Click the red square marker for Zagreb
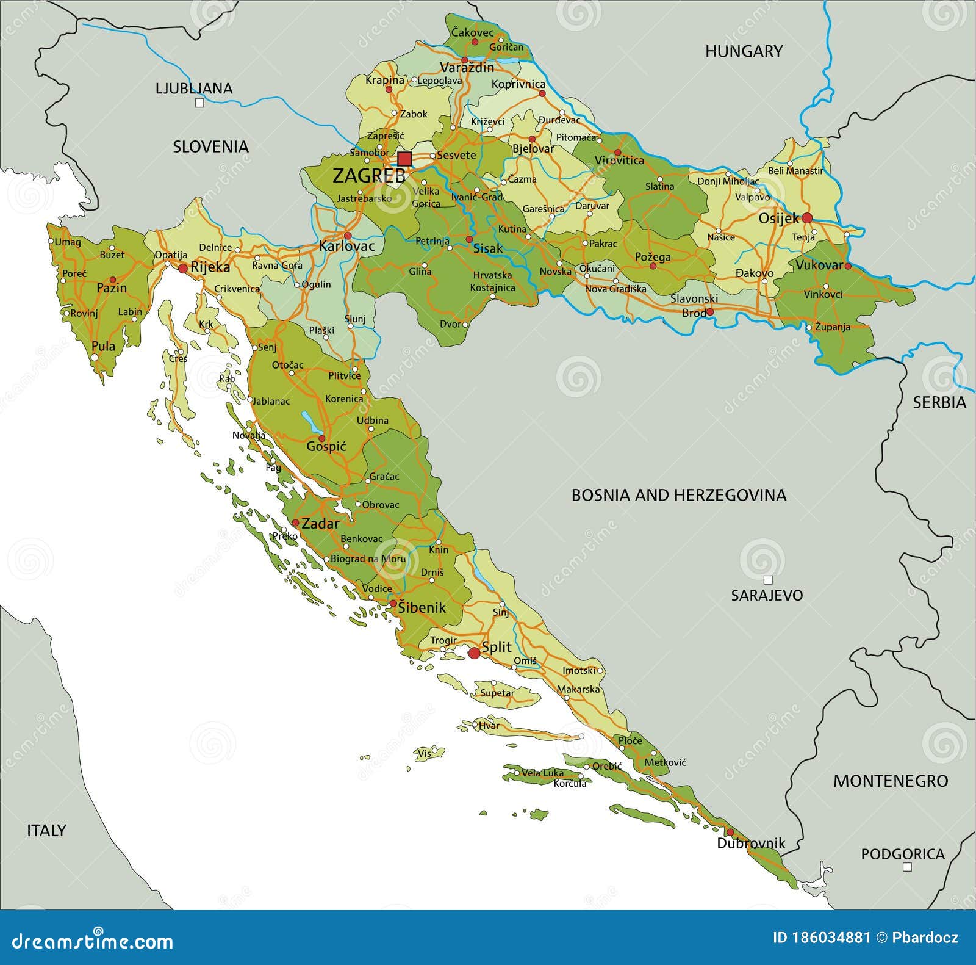tap(404, 159)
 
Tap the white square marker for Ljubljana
tap(199, 103)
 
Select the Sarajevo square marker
tap(768, 580)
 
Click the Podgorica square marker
tap(906, 867)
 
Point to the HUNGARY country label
tap(744, 51)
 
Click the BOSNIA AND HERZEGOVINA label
tap(678, 495)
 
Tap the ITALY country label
tap(46, 830)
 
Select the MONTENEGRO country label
tap(891, 781)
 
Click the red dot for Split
tap(474, 654)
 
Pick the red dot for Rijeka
tap(182, 268)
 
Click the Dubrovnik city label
tap(750, 844)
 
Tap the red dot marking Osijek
tap(807, 217)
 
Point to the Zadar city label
tap(320, 523)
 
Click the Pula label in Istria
tap(103, 346)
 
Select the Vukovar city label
tap(819, 265)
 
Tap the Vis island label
tap(424, 753)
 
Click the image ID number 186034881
tap(821, 938)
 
